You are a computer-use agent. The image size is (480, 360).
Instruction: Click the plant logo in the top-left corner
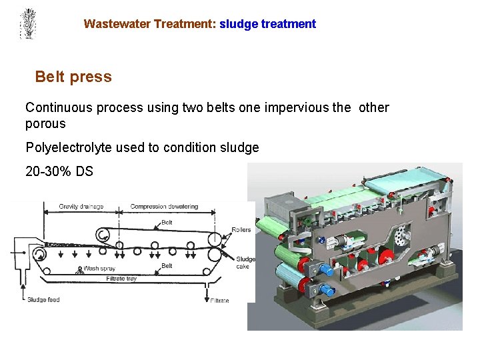(27, 23)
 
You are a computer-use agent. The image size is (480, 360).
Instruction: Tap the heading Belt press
(73, 77)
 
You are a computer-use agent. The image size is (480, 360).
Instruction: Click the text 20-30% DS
(59, 171)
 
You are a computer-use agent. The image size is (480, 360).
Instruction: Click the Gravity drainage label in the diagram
(81, 207)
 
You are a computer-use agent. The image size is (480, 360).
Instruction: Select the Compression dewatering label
(164, 207)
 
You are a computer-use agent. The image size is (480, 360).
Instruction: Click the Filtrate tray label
(121, 279)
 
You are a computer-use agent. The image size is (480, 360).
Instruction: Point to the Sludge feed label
(43, 300)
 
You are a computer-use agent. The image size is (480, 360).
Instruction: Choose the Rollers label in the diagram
(241, 230)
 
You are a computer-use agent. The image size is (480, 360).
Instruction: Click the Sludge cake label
(245, 263)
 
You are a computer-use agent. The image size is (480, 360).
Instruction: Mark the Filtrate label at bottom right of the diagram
(219, 301)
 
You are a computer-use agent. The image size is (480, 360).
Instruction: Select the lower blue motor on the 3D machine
(326, 291)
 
